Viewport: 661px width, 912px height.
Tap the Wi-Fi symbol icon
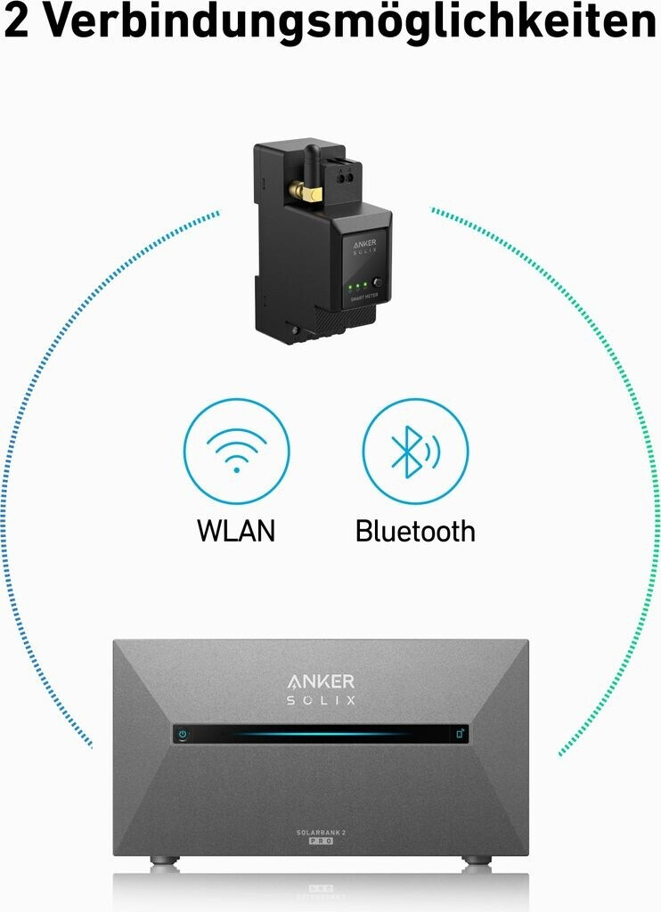point(236,451)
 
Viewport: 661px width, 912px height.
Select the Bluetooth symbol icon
point(414,451)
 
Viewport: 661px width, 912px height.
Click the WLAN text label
point(236,531)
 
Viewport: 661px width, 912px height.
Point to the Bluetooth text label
point(415,531)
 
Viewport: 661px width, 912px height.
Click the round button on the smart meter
point(378,284)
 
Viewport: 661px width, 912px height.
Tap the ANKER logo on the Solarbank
point(321,681)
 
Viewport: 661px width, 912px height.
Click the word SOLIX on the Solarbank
point(321,701)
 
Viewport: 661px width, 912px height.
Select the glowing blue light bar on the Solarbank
point(321,735)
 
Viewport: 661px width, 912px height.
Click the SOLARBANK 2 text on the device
point(321,832)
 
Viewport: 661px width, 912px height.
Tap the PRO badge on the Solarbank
point(321,842)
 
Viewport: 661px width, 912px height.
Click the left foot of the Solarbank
point(163,860)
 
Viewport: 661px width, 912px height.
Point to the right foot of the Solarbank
point(477,860)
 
